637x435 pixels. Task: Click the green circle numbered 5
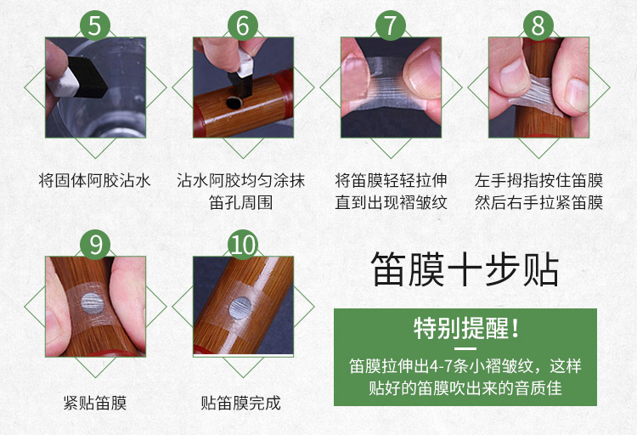click(94, 25)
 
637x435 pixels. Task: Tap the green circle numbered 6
click(243, 25)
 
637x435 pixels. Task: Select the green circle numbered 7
click(391, 25)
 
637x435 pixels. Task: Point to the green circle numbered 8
click(538, 25)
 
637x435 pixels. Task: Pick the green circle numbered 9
click(95, 245)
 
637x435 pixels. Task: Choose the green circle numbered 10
click(243, 245)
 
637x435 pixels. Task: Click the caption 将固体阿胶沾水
click(94, 180)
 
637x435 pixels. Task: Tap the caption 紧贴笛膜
click(95, 403)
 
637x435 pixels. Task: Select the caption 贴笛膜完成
click(241, 403)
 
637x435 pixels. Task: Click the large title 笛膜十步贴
click(465, 269)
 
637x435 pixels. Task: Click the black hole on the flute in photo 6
click(234, 103)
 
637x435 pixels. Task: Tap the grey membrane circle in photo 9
click(93, 303)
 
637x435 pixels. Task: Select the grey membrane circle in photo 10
click(240, 308)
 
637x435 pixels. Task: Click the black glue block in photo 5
click(87, 77)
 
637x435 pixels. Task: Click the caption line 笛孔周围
click(241, 202)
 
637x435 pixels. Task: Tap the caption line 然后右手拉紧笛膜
click(538, 202)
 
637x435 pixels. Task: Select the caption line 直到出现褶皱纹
click(391, 202)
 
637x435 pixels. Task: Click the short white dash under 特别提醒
click(465, 349)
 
